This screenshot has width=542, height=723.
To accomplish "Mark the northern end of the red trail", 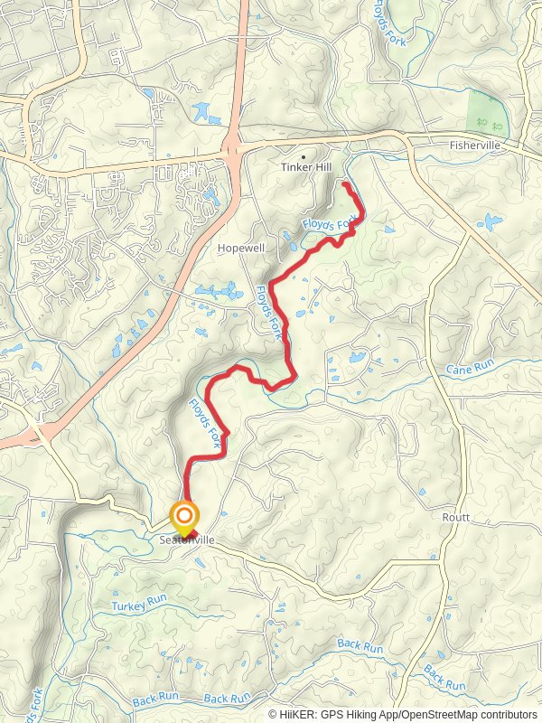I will pyautogui.click(x=345, y=184).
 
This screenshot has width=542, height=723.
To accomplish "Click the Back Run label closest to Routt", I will pyautogui.click(x=361, y=646).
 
